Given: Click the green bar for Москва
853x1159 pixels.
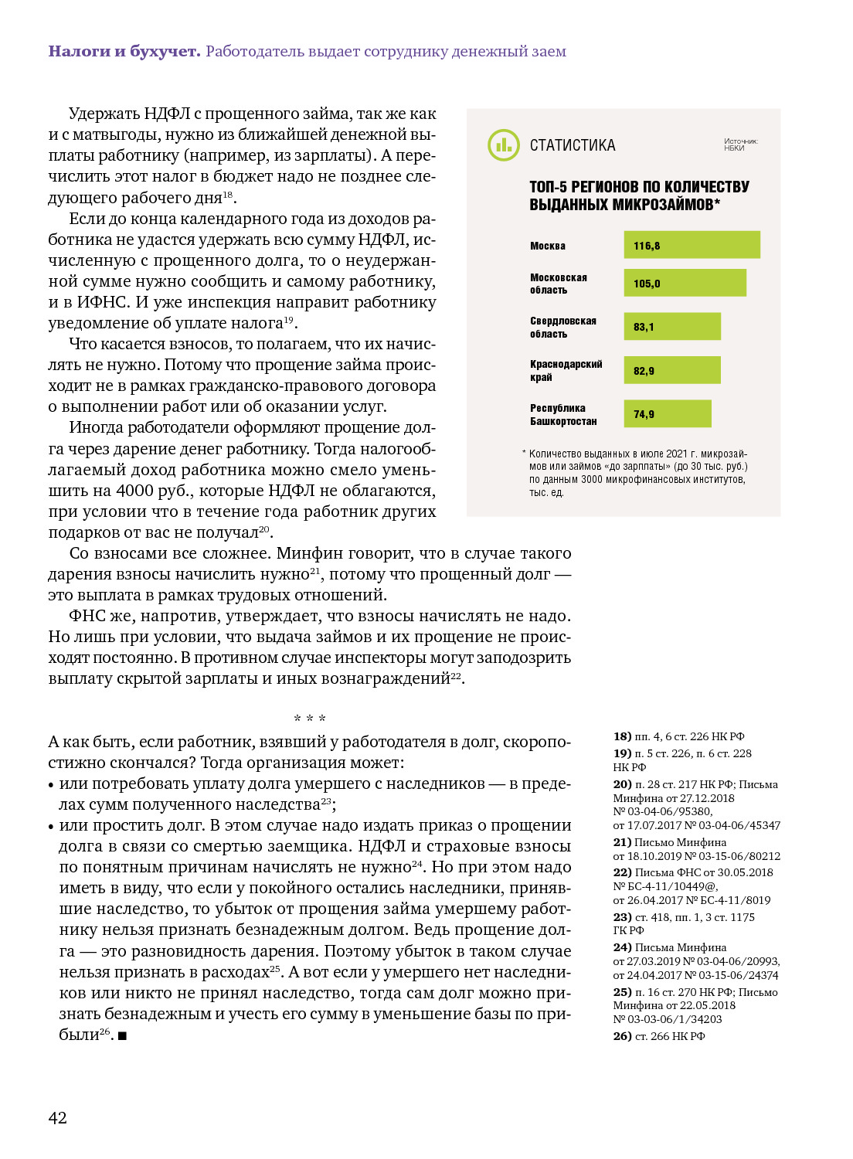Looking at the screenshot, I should tap(692, 245).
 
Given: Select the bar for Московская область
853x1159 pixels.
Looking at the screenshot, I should tap(685, 283).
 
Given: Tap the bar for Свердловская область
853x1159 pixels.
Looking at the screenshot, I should tap(672, 326).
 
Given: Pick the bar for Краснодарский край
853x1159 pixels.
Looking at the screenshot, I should tap(672, 370).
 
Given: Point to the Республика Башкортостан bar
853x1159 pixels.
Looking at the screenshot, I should tap(668, 413).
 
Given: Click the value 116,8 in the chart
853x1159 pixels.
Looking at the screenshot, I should tap(647, 246).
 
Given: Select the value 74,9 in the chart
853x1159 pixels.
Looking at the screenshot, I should tap(644, 414).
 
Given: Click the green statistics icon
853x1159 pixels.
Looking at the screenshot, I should tap(504, 145).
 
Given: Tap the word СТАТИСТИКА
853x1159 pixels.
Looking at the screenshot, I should tap(573, 145).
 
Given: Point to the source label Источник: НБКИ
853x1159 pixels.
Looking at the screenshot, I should tap(740, 144).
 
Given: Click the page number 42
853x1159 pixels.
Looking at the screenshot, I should tap(58, 1117).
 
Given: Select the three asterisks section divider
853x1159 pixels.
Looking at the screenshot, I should tap(310, 719).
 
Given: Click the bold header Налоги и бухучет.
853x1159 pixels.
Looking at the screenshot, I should tap(124, 51).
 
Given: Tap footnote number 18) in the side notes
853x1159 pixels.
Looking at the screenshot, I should tap(622, 736).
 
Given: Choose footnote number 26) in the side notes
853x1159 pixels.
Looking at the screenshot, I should tap(622, 1036).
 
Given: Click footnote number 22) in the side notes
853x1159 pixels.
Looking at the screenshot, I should tap(622, 872).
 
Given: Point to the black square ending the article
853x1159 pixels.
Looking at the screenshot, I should tap(122, 1035).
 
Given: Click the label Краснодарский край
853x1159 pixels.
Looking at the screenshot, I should tap(566, 370).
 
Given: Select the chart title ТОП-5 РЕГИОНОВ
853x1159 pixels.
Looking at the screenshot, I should tap(639, 195).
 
